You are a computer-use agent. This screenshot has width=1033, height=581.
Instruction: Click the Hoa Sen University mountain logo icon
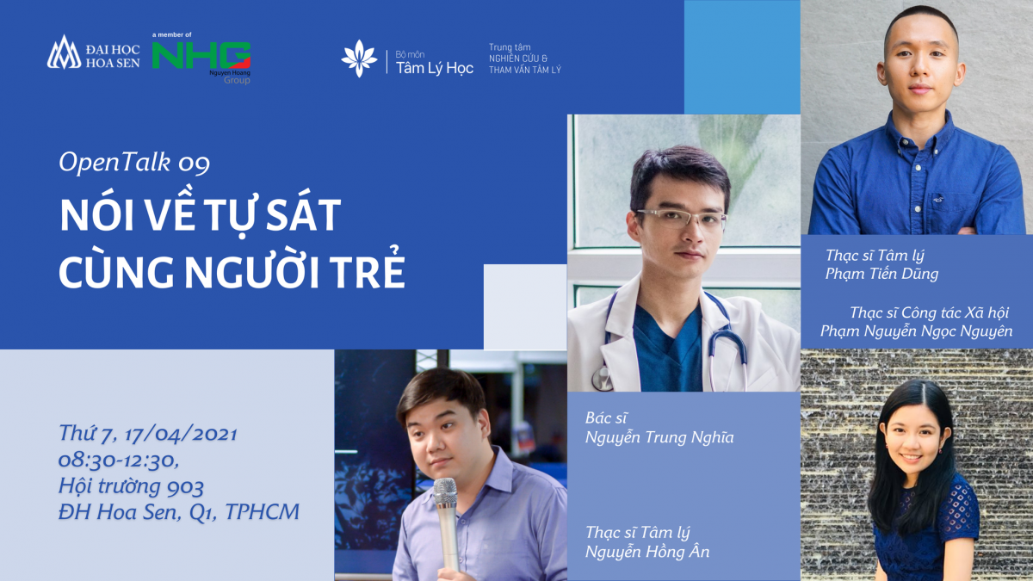[64, 53]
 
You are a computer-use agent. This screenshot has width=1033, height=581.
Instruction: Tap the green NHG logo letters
[201, 55]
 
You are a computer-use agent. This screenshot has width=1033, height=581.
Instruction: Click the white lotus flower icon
[359, 59]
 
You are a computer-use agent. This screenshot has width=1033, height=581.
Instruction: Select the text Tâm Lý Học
[435, 68]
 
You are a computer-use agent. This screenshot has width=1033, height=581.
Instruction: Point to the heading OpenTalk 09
[134, 163]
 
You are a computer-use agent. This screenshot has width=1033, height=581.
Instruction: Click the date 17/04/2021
[181, 434]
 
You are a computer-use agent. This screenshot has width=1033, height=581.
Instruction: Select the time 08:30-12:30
[119, 460]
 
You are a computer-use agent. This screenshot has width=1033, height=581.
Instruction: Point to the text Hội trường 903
[131, 486]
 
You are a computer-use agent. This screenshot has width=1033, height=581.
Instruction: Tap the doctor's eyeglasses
[681, 219]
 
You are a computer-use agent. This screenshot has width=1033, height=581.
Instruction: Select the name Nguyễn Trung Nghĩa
[659, 437]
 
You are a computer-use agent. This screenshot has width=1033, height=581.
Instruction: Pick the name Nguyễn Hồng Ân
[647, 552]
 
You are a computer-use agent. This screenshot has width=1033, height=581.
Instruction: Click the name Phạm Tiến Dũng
[881, 274]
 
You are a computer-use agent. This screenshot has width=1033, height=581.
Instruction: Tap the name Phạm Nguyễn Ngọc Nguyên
[916, 331]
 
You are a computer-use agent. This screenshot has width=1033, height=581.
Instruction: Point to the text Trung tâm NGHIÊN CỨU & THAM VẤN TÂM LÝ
[525, 59]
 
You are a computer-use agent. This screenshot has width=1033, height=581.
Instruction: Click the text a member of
[171, 34]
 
